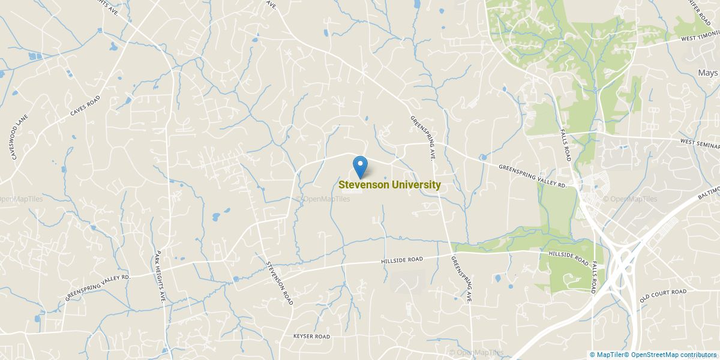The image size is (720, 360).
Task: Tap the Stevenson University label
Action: point(389,185)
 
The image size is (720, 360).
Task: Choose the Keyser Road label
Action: point(311,337)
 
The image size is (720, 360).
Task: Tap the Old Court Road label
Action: point(662,295)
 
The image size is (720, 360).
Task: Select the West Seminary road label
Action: point(700,142)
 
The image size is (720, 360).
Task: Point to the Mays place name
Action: point(707,73)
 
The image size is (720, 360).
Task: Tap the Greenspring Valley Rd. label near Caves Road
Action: point(98,288)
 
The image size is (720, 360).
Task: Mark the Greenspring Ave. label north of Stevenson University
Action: point(422,137)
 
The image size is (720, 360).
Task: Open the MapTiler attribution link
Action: point(611,355)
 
